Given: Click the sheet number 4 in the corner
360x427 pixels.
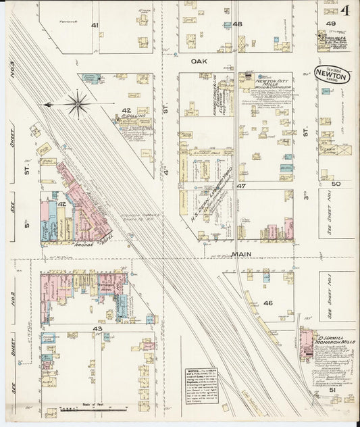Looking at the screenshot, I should pos(344,10).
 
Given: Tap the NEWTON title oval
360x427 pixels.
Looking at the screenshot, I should pos(332,75).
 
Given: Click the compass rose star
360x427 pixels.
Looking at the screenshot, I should pos(78,104).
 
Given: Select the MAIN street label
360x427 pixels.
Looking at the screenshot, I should pos(242,254).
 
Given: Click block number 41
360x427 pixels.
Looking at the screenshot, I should pos(95,25).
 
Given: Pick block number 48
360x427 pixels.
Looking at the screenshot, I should pos(236,24).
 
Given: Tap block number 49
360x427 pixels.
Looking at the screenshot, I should pos(331,24).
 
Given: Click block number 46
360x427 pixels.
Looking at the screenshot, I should pos(267,303).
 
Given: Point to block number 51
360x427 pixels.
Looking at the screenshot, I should pos(332,390).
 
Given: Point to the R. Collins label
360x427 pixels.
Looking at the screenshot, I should pos(134,116).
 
